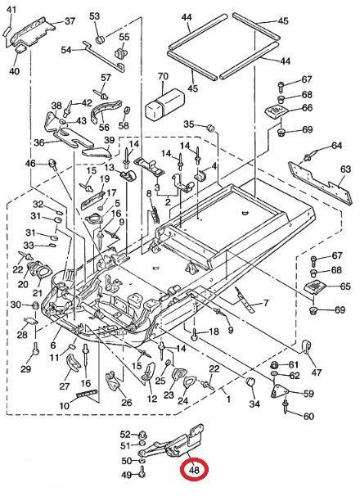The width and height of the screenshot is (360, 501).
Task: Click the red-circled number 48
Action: coord(194,470)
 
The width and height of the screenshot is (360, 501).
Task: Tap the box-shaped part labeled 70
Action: coord(164,104)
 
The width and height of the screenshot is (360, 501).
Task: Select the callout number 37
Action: coord(70,21)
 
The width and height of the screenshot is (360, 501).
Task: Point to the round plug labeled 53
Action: coord(101,39)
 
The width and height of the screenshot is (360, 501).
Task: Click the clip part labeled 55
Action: coord(121,52)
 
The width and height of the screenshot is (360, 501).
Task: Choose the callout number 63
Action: coord(345,169)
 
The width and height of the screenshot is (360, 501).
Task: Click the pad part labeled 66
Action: coord(277,112)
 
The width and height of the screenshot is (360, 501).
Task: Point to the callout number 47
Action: coord(317,372)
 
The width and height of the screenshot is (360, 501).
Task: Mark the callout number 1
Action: coord(228,399)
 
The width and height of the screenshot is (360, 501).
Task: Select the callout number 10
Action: coord(64,405)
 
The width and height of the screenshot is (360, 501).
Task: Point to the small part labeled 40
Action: coord(20,49)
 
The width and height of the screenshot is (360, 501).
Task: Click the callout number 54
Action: coord(66,50)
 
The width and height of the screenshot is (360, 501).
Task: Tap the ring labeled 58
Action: coord(127,111)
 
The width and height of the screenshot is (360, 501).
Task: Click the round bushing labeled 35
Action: coord(210,127)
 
